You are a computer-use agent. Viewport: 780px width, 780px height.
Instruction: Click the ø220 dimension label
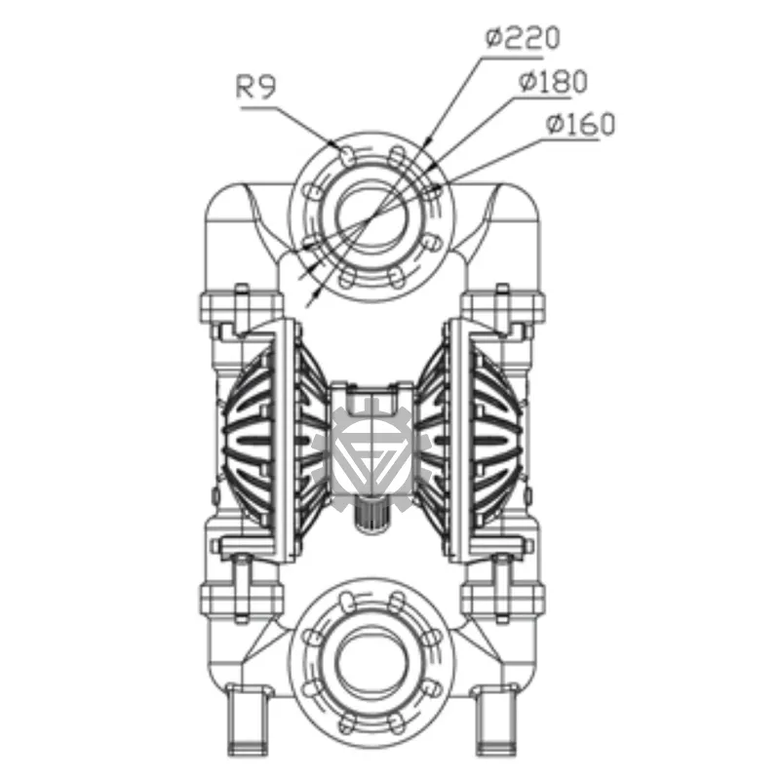point(523,39)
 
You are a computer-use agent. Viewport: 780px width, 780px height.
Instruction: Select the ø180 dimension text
point(552,83)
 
